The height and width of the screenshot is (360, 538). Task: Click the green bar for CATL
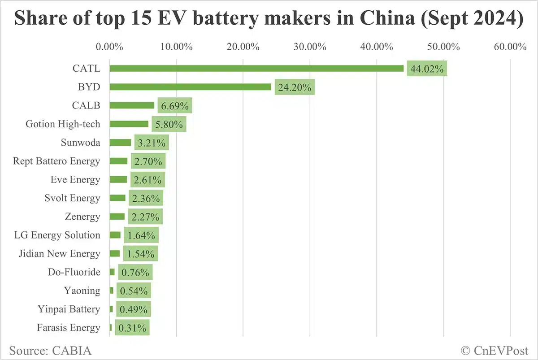256,69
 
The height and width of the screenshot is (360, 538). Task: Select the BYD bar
190,87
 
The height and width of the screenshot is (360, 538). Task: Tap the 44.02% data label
427,69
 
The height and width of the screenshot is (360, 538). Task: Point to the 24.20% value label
295,87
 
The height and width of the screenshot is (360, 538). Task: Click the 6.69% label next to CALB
174,106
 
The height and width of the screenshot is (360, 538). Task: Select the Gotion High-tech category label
63,124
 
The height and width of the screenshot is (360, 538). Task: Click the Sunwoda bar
120,143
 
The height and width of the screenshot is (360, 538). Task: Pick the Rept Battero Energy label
56,161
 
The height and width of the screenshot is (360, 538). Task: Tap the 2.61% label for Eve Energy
148,180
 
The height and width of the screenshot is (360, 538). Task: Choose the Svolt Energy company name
72,198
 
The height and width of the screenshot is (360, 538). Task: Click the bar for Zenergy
117,217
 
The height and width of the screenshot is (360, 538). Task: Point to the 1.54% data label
140,254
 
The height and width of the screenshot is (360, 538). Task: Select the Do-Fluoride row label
74,272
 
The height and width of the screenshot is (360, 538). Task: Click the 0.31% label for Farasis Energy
132,328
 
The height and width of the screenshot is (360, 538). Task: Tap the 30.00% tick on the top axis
310,47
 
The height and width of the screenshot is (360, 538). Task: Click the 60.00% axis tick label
510,47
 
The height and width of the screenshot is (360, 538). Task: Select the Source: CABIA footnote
50,350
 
